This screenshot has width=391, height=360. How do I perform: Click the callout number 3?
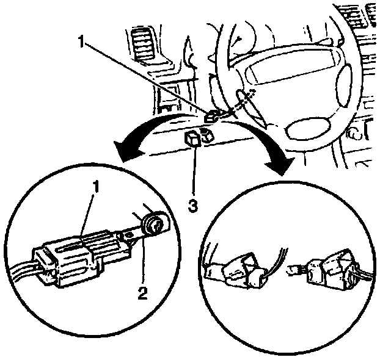tap(193, 205)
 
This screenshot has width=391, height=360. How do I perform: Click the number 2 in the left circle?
tap(142, 293)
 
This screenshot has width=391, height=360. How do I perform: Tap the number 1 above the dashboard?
tap(82, 41)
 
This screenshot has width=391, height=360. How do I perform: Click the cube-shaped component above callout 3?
tap(193, 140)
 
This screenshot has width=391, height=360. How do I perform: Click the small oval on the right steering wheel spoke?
tap(343, 79)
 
